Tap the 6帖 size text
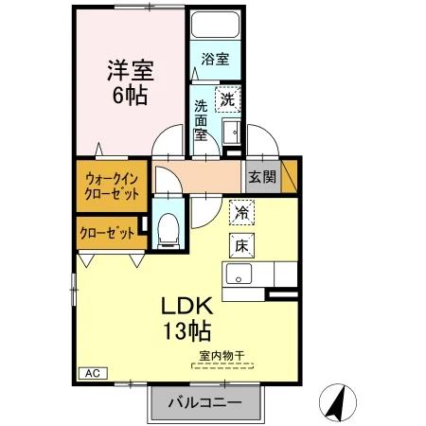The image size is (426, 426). point(131,96)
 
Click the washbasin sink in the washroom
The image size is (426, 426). point(230,129)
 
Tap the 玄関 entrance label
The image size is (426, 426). point(261,175)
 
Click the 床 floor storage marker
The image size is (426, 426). point(240,244)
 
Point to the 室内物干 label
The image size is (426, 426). point(222,357)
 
